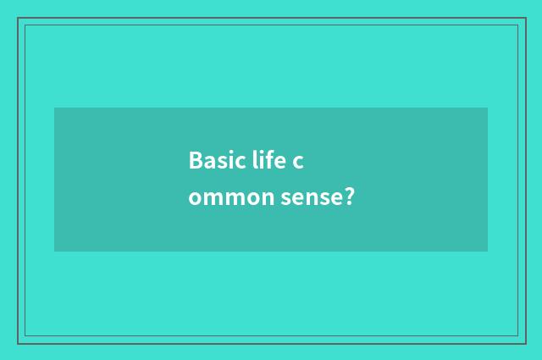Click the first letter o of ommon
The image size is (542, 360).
195,199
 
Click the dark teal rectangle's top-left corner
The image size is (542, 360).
54,108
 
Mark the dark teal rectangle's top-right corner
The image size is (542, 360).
488,108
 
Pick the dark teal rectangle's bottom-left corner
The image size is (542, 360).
54,252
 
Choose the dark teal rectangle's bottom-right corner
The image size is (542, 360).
488,252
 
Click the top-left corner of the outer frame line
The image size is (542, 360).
18,19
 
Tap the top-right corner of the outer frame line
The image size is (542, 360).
525,19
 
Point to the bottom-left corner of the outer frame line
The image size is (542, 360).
18,343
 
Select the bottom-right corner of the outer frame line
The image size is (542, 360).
525,343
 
